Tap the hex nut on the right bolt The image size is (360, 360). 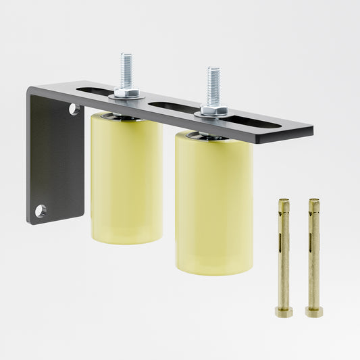[x=212, y=110]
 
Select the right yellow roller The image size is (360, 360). [x=213, y=203]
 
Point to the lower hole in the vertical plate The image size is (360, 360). [x=41, y=211]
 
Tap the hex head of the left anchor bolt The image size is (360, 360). [x=284, y=312]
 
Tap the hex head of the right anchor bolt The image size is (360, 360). [x=313, y=312]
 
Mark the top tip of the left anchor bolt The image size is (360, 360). [x=284, y=201]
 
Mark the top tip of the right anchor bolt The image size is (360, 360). [x=313, y=201]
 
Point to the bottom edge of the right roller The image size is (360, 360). [x=215, y=272]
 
